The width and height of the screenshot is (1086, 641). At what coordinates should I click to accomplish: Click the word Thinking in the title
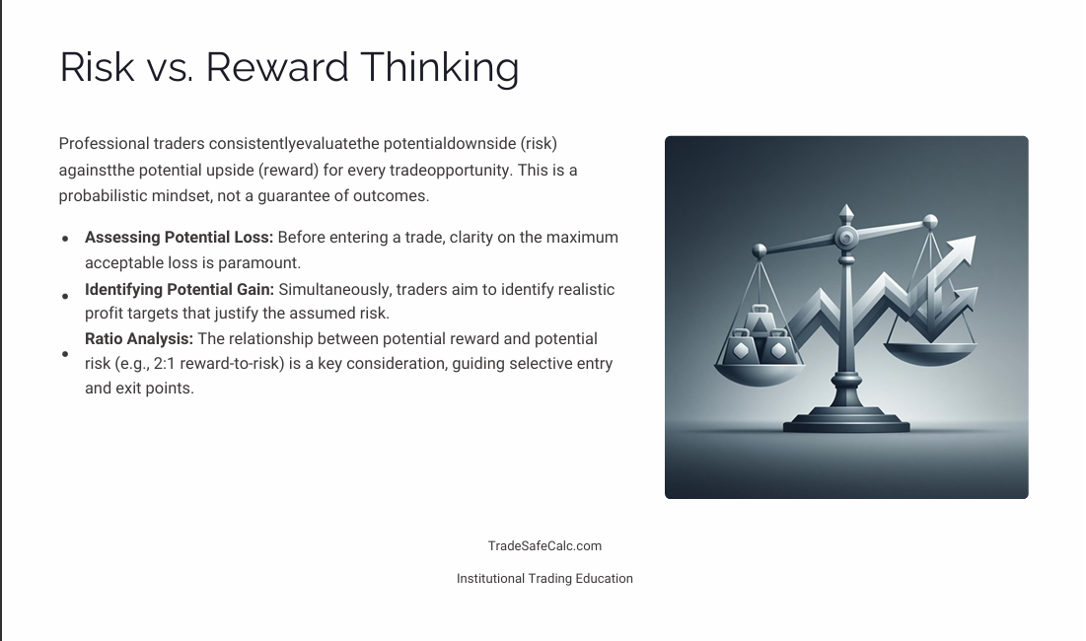(x=439, y=67)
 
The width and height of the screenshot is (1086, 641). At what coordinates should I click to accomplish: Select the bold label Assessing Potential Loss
(x=179, y=238)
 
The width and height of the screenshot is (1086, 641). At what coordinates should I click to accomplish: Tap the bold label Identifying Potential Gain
(x=179, y=290)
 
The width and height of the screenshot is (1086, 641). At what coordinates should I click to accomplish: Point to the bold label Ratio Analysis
(x=139, y=339)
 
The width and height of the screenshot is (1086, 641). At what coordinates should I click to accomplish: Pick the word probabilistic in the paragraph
(x=103, y=195)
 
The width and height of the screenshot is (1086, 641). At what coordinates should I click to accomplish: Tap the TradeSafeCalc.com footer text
(x=544, y=546)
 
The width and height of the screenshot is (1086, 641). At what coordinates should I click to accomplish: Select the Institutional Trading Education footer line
(x=544, y=579)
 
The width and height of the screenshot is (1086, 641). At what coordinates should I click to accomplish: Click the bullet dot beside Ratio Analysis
(x=65, y=354)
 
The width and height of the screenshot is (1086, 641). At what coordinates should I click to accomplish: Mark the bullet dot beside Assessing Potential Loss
(x=65, y=239)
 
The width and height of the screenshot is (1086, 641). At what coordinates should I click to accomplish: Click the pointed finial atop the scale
(x=845, y=213)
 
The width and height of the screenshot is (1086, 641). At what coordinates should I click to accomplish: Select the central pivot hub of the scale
(x=845, y=239)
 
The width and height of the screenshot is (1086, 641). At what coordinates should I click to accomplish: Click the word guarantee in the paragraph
(x=293, y=195)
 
